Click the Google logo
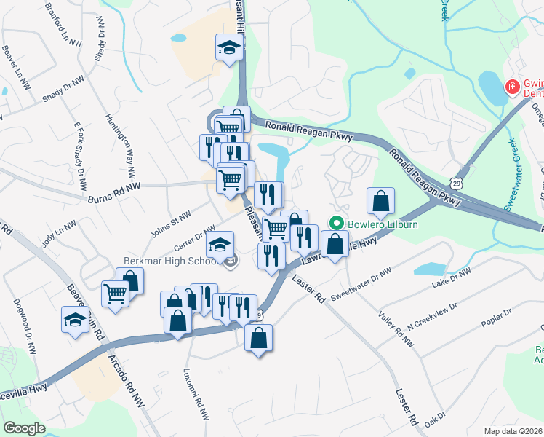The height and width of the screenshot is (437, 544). pos(24,428)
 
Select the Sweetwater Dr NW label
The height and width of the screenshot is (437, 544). pos(361,287)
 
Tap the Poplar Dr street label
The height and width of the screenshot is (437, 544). pos(498,318)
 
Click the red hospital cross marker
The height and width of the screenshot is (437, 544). pos(512,87)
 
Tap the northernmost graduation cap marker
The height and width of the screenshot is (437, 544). pos(228,48)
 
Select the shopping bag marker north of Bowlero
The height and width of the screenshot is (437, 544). pos(380,200)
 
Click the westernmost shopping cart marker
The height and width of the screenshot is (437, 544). pos(115,293)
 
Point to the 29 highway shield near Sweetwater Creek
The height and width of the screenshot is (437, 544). pos(455,178)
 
